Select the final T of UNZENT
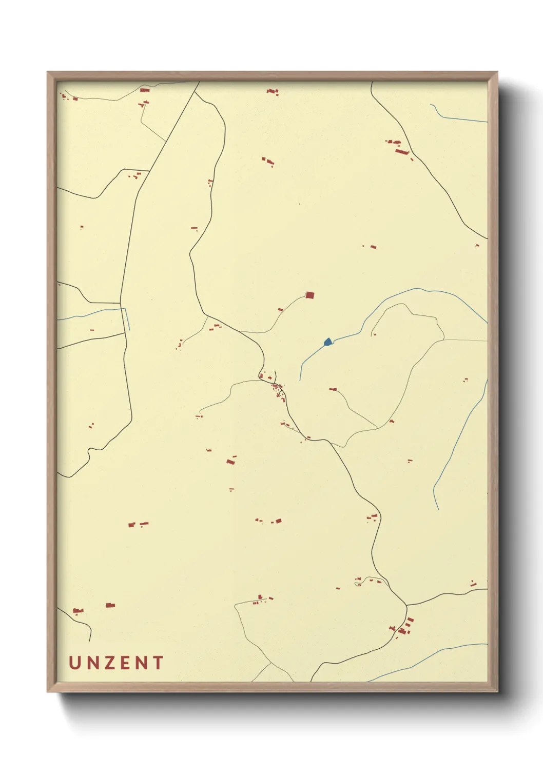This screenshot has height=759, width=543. [x=158, y=663]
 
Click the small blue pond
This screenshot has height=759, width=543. [x=328, y=342]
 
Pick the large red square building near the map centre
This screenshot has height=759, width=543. [x=309, y=295]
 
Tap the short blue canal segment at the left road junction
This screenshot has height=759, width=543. [x=126, y=318]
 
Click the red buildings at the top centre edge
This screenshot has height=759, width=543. [x=273, y=92]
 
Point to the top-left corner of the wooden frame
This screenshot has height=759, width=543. [x=49, y=73]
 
